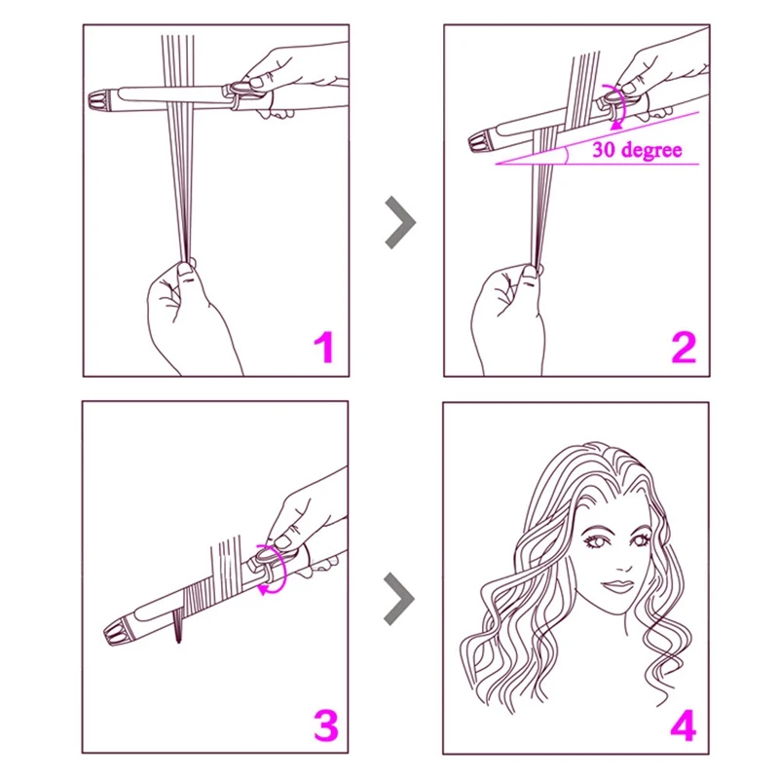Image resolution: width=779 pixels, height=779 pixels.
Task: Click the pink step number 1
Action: click(x=322, y=347)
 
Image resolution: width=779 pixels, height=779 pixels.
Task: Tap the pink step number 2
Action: click(x=684, y=347)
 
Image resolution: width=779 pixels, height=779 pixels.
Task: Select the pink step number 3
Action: click(x=322, y=725)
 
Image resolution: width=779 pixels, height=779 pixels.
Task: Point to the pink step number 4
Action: click(x=684, y=725)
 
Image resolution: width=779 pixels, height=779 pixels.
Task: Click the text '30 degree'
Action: click(x=637, y=150)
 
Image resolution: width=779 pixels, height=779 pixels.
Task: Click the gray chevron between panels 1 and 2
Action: click(x=399, y=223)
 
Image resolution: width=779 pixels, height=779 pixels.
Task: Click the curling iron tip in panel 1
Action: click(x=104, y=99)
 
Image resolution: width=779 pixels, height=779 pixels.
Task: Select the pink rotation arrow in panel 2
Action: click(x=615, y=105)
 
